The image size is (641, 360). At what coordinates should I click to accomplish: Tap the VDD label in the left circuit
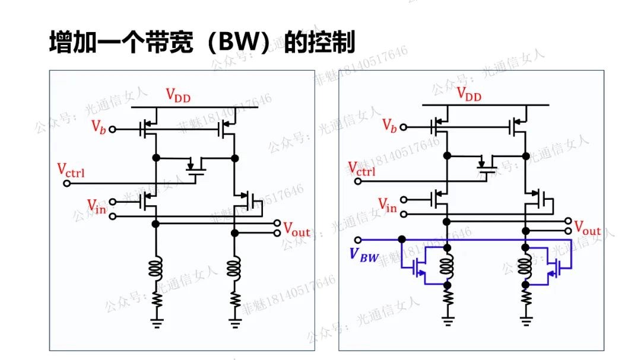click(x=177, y=95)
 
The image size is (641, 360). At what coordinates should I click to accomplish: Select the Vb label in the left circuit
click(x=99, y=126)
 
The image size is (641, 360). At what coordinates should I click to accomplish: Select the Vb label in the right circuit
click(x=389, y=125)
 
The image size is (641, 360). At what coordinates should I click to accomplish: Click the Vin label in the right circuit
click(x=387, y=205)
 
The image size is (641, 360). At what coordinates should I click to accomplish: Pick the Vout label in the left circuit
click(x=296, y=228)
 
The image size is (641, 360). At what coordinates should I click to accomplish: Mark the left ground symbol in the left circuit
click(x=157, y=324)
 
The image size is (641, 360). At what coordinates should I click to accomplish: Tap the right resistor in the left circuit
click(x=236, y=298)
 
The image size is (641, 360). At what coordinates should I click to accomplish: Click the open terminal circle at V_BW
click(x=357, y=239)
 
